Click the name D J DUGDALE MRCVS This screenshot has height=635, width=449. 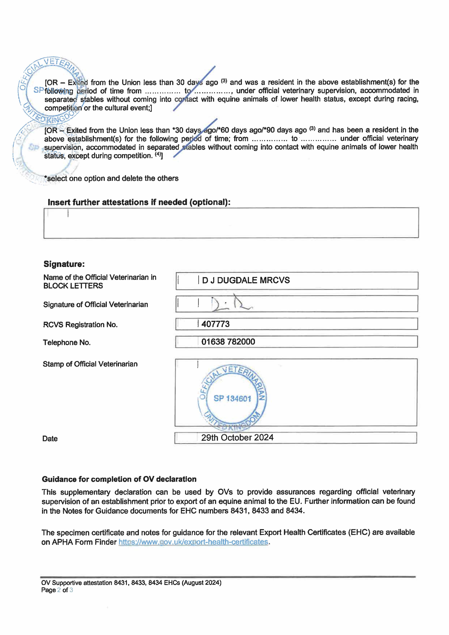[x=246, y=280]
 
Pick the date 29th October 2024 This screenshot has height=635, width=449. [x=237, y=438]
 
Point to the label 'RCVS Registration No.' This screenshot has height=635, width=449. [x=80, y=325]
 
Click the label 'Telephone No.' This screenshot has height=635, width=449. [x=67, y=343]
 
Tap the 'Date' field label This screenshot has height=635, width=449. [x=50, y=439]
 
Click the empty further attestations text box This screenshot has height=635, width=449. [x=231, y=223]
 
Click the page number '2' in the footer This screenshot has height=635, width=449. [x=59, y=590]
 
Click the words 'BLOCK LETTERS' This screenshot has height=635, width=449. [x=73, y=286]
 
